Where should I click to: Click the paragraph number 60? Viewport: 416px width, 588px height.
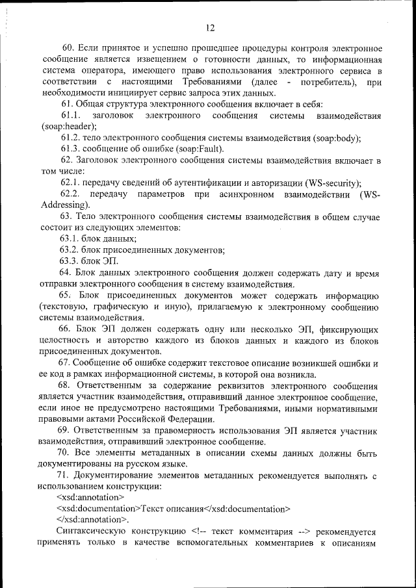coord(69,49)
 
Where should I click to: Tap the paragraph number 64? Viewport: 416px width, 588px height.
coord(69,272)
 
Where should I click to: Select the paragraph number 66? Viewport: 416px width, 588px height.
coord(69,329)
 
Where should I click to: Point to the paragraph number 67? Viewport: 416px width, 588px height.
coord(69,363)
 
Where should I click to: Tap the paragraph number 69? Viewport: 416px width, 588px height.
coord(69,431)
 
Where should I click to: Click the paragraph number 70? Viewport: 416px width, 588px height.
coord(69,453)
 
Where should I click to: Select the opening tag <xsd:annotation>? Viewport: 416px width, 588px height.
coord(90,497)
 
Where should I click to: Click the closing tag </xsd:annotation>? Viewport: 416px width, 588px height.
coord(93,520)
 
